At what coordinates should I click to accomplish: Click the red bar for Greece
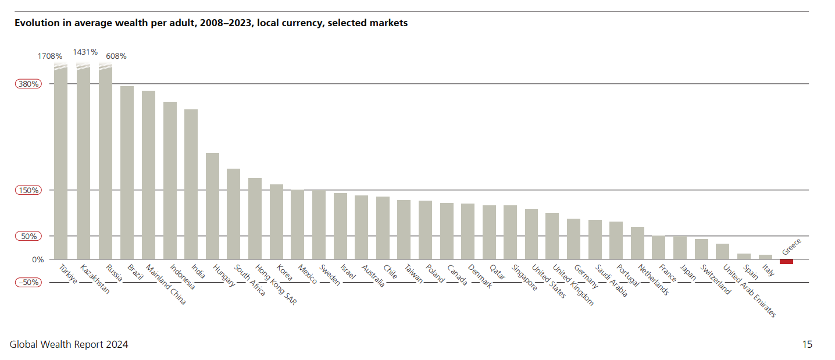(x=786, y=261)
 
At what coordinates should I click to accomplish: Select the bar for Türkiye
(x=60, y=163)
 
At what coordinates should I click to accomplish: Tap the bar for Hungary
(x=212, y=206)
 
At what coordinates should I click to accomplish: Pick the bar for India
(x=191, y=184)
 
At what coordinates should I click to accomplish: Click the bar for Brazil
(x=127, y=172)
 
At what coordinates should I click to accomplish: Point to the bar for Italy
(x=765, y=256)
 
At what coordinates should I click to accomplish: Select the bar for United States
(x=531, y=234)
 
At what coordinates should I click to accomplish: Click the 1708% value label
(x=50, y=56)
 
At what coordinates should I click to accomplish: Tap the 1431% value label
(x=85, y=52)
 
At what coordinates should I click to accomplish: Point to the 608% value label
(x=115, y=56)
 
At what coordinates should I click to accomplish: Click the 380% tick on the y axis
(x=28, y=84)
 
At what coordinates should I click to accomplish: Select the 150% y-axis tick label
(x=28, y=190)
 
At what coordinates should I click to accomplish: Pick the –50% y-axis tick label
(x=28, y=282)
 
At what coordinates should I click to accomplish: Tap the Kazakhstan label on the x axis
(x=95, y=280)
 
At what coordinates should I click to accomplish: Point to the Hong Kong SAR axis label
(x=276, y=286)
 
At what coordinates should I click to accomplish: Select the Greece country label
(x=791, y=247)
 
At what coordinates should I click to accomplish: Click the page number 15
(x=807, y=344)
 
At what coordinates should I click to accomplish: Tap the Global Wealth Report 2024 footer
(x=69, y=344)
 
